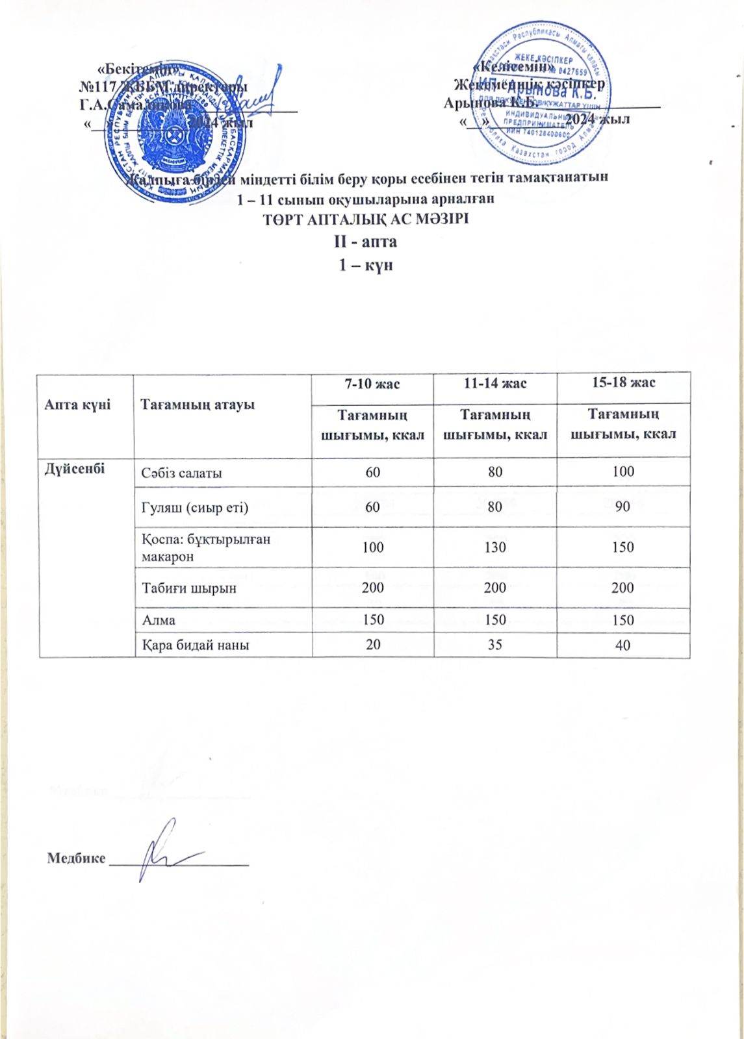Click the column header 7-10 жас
372,383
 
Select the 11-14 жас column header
495,383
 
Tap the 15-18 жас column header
623,382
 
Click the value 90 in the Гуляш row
622,506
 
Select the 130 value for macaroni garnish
495,547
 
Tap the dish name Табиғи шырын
189,588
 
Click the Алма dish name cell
159,620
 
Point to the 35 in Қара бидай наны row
495,645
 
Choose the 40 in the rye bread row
622,645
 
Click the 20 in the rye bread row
373,645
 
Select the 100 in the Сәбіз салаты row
622,471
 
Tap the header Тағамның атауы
198,405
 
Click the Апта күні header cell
77,405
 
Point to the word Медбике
76,858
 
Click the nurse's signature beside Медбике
162,851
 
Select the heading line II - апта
365,242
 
